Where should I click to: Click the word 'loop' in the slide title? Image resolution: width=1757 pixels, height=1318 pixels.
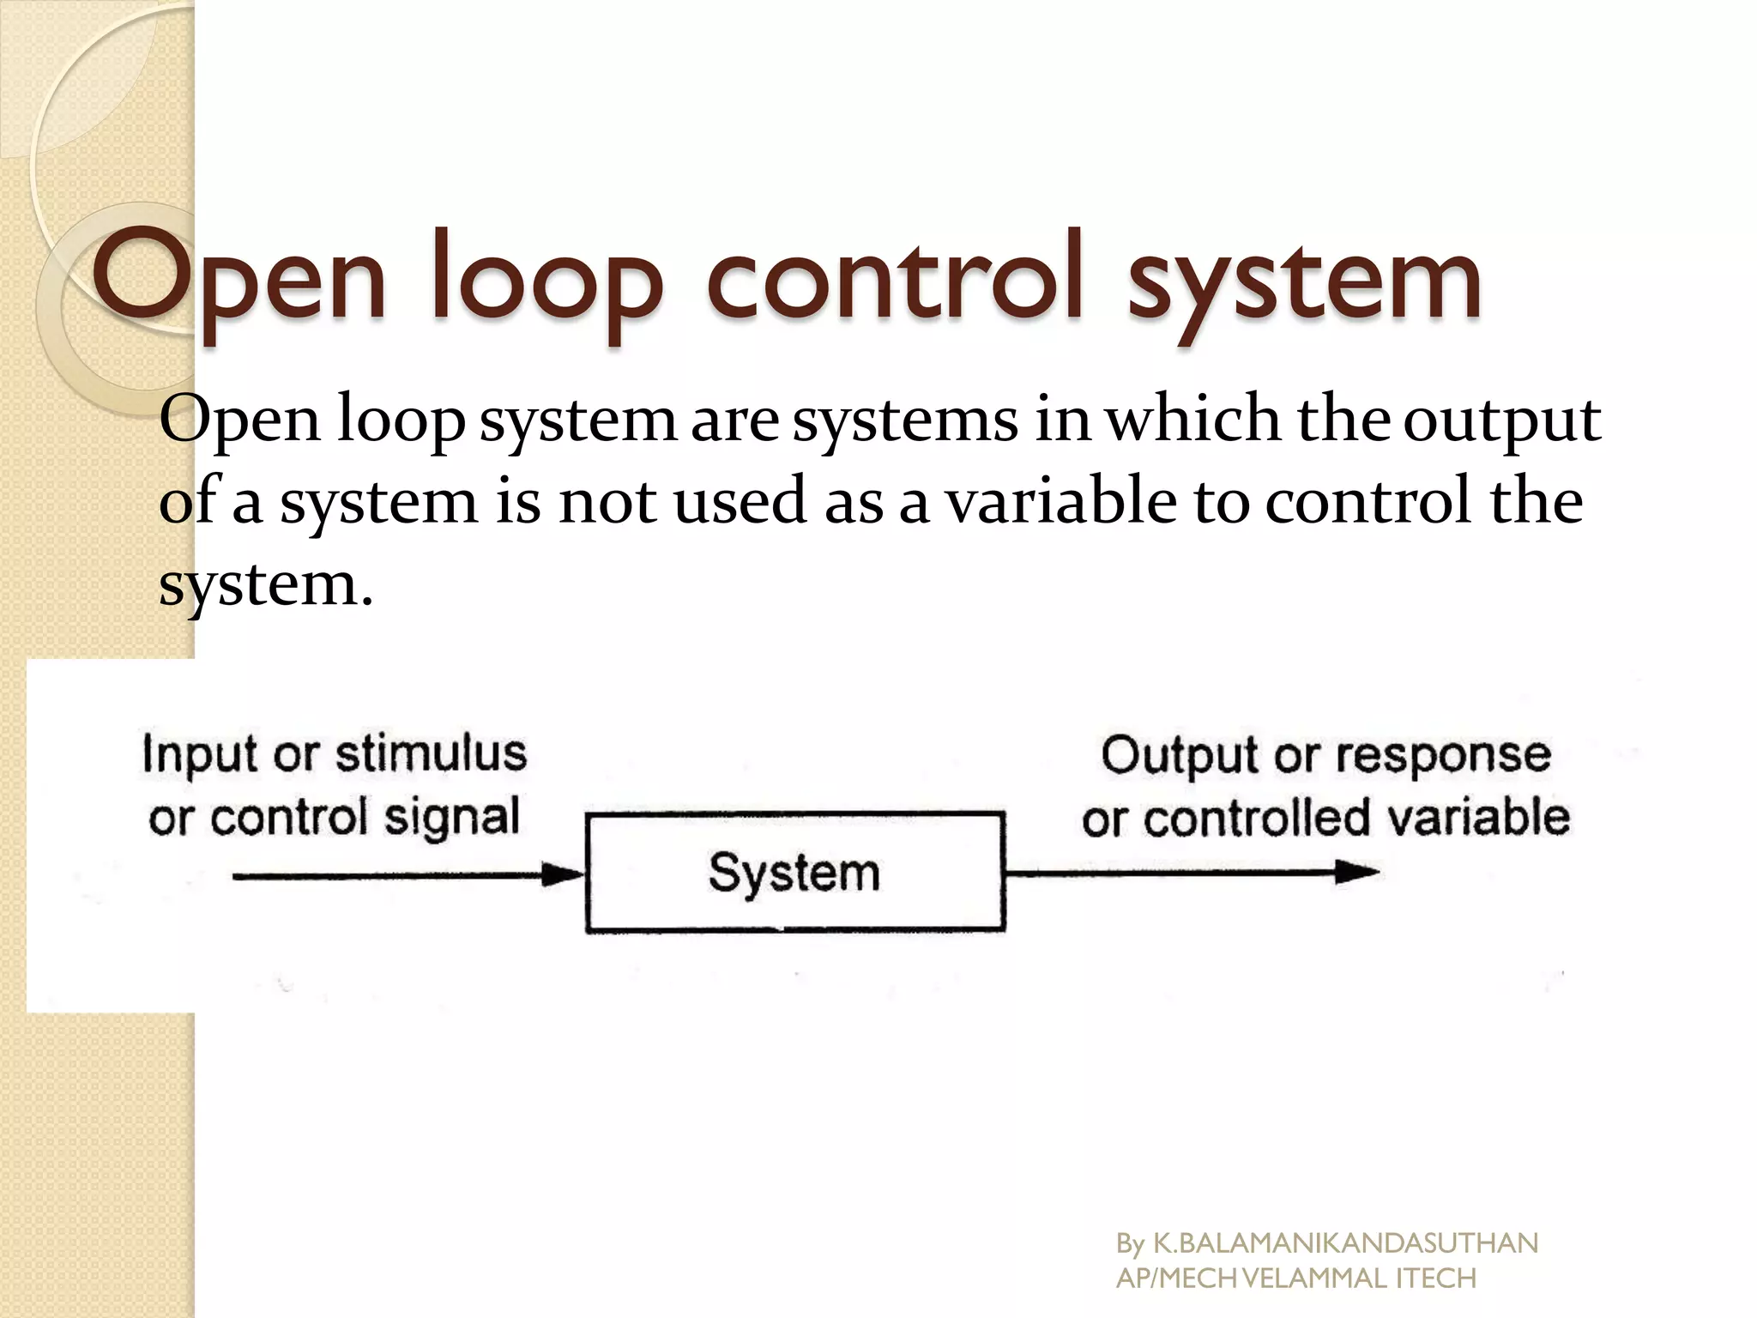pos(547,279)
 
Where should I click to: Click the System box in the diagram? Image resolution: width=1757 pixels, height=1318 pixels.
pos(794,873)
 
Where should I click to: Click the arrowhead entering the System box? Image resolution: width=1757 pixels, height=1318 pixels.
pos(564,875)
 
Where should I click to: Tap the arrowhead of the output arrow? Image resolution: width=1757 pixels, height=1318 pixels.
pos(1357,873)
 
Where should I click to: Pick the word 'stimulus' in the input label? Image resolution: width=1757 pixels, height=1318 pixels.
pos(431,754)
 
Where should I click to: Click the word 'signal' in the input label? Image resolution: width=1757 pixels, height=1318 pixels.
pos(451,818)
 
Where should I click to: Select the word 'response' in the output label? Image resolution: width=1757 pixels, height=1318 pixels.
pos(1443,757)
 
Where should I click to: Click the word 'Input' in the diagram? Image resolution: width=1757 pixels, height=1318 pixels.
pos(200,756)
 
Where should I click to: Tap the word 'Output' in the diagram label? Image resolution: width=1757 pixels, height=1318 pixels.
pos(1180,757)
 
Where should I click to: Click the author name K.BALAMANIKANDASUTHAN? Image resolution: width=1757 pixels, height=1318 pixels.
pos(1345,1243)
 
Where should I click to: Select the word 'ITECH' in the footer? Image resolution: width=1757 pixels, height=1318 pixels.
pos(1436,1279)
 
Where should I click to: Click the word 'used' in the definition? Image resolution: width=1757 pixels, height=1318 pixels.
pos(740,502)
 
